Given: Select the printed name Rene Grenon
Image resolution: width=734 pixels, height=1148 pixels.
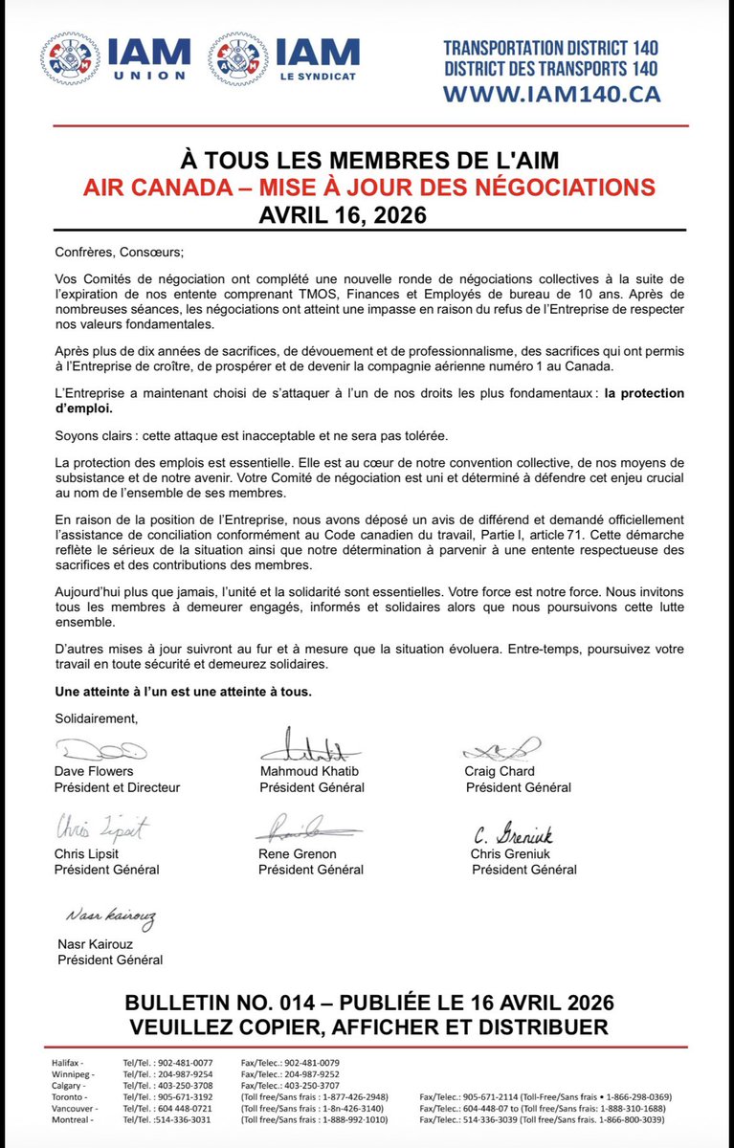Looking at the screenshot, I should point(298,853).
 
